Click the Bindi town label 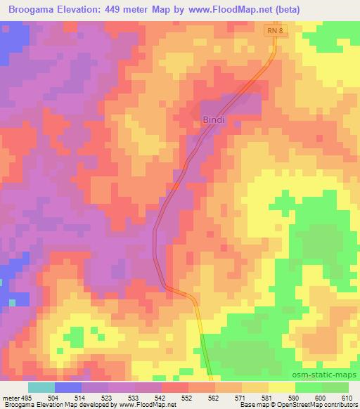pos(214,119)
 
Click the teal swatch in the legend pos(41,388)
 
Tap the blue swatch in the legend pos(67,388)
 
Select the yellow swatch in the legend pos(281,388)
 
